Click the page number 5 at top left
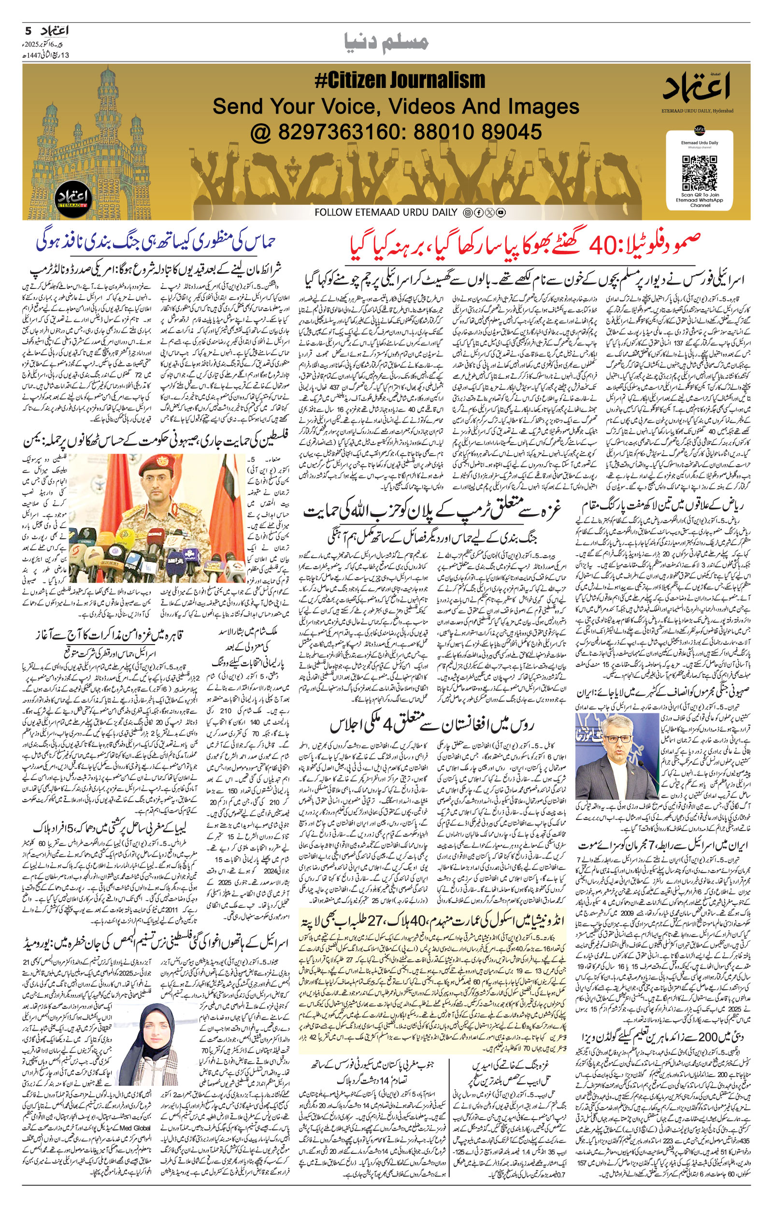(x=28, y=30)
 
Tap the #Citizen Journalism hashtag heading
(x=400, y=81)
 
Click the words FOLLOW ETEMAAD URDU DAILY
(x=386, y=213)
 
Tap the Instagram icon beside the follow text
(x=468, y=213)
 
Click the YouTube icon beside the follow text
(x=501, y=213)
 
